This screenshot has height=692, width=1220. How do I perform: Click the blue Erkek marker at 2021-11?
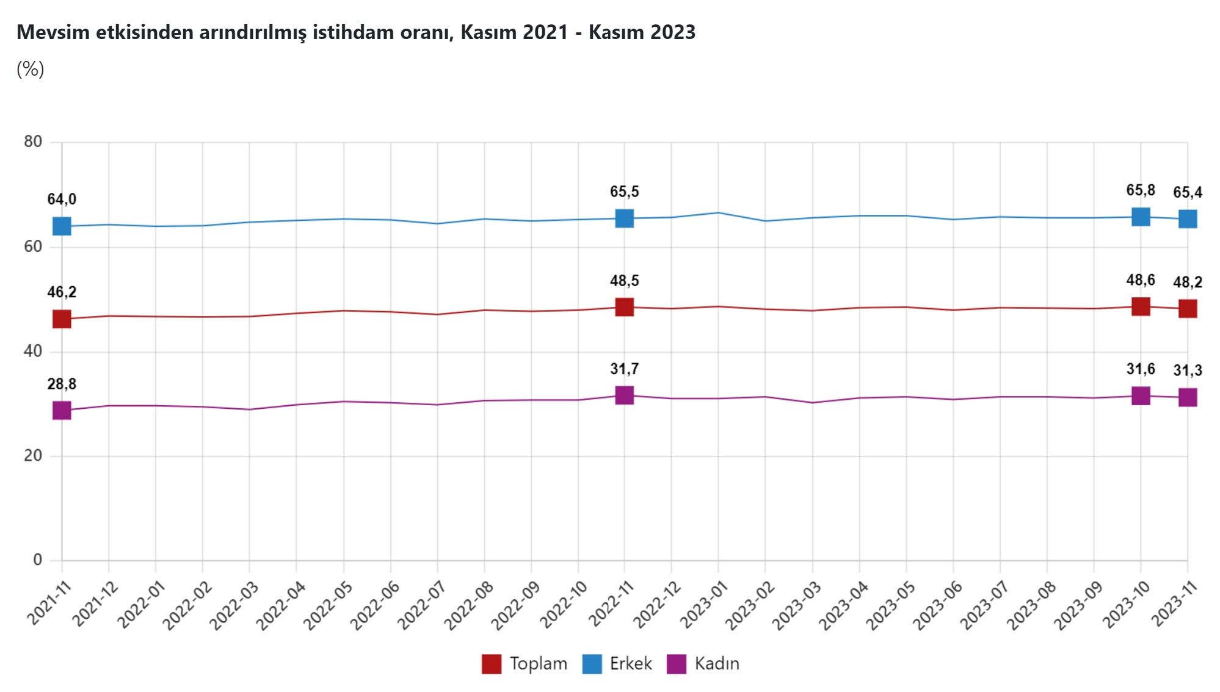[x=62, y=226]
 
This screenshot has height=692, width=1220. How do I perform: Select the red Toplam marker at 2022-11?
[x=624, y=307]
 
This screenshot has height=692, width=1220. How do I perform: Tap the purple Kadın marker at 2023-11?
[x=1188, y=398]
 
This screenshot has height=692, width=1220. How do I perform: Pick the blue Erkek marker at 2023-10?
[x=1141, y=217]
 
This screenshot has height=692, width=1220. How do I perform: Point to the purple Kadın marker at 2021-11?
[x=62, y=411]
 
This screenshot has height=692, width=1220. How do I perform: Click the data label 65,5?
[x=624, y=192]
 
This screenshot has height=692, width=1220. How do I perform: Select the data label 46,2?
[x=62, y=292]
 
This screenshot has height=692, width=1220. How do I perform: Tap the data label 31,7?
[x=624, y=369]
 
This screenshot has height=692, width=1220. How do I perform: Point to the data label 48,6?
[x=1140, y=280]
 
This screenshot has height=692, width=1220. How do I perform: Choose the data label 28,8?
[x=62, y=384]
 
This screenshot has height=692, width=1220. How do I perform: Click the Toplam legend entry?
[x=525, y=664]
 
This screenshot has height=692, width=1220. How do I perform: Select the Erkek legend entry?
[x=618, y=664]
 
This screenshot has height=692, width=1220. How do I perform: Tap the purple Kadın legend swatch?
[x=677, y=664]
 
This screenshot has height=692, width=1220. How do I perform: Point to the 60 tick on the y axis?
[x=33, y=247]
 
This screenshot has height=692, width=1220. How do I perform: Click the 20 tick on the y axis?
[x=33, y=455]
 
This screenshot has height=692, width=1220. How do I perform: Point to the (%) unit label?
[x=31, y=69]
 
